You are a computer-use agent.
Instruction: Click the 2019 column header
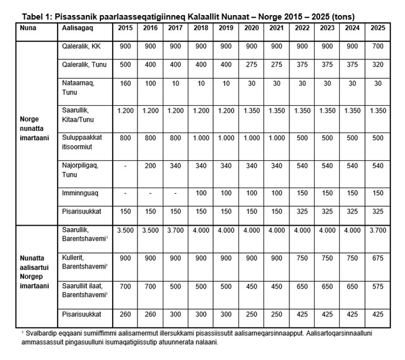pyautogui.click(x=226, y=28)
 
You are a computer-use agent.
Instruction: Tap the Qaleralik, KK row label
pyautogui.click(x=81, y=46)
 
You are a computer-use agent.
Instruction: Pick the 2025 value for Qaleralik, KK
pyautogui.click(x=378, y=46)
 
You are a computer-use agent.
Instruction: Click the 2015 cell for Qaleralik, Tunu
pyautogui.click(x=125, y=64)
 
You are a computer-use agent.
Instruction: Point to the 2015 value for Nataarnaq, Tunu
pyautogui.click(x=125, y=83)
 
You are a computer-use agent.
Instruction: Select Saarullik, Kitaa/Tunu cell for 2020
pyautogui.click(x=251, y=111)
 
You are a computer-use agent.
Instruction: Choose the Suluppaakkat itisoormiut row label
pyautogui.click(x=82, y=142)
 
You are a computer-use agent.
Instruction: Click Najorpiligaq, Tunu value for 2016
pyautogui.click(x=150, y=166)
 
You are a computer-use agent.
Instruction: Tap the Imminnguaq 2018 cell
pyautogui.click(x=201, y=193)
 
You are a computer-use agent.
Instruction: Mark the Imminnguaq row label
pyautogui.click(x=80, y=193)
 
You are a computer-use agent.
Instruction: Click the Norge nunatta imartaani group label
pyautogui.click(x=35, y=128)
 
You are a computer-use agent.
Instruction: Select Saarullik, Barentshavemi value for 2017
pyautogui.click(x=175, y=230)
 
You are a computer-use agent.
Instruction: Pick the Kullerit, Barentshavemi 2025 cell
pyautogui.click(x=378, y=258)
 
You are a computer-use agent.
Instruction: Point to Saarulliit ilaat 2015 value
pyautogui.click(x=125, y=286)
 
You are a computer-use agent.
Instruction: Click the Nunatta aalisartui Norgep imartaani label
pyautogui.click(x=35, y=272)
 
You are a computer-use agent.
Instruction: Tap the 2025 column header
pyautogui.click(x=378, y=28)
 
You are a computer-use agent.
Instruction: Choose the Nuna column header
pyautogui.click(x=28, y=28)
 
